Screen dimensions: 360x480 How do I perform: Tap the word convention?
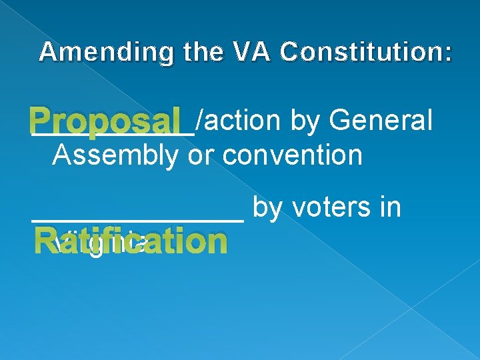click(x=293, y=155)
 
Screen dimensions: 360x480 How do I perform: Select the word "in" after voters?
click(x=390, y=207)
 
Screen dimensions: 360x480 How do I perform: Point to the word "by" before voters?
click(x=268, y=207)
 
